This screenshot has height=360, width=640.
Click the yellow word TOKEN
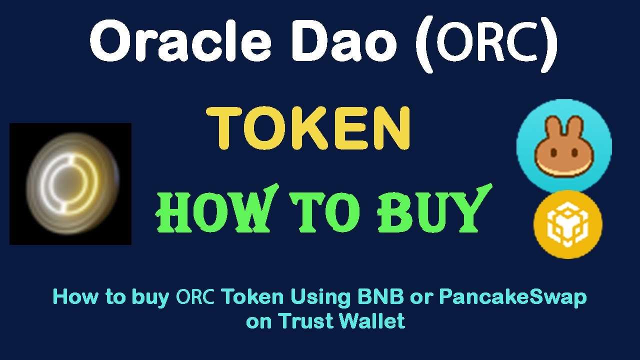tap(309, 129)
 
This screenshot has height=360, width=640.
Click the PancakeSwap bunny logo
tap(564, 145)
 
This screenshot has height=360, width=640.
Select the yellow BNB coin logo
tap(567, 224)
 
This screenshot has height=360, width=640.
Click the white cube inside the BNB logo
tap(567, 224)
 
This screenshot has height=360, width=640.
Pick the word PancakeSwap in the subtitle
tap(513, 297)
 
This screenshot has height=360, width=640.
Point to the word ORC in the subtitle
tap(195, 297)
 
